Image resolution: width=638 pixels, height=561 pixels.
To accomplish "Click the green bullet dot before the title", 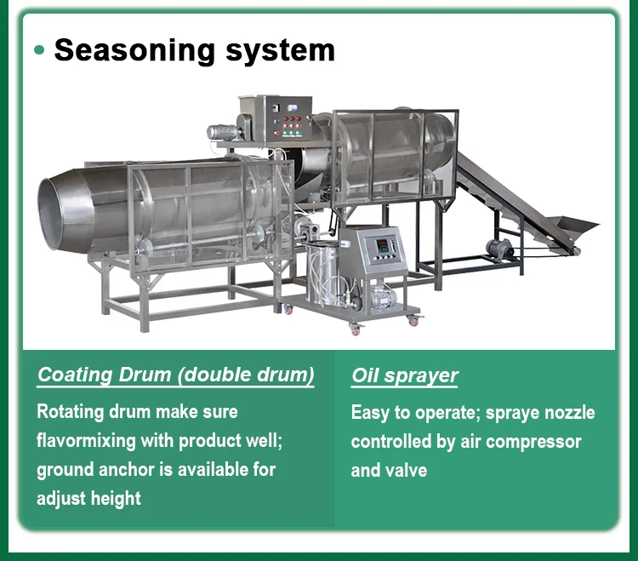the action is tap(39, 50).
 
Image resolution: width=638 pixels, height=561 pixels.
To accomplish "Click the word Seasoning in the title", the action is tap(134, 51).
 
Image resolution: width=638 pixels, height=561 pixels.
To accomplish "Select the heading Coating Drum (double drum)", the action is tap(176, 375).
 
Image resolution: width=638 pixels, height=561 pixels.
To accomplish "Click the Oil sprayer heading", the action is tap(405, 375).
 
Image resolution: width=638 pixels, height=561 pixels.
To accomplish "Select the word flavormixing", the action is tap(86, 441).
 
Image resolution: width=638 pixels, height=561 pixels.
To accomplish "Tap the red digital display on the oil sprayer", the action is tap(382, 245).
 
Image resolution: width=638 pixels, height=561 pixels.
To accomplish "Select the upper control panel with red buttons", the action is tap(289, 118).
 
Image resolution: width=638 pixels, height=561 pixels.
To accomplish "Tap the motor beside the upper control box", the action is tap(223, 133).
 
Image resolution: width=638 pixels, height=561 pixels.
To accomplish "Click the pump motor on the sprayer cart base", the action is tap(380, 298).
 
